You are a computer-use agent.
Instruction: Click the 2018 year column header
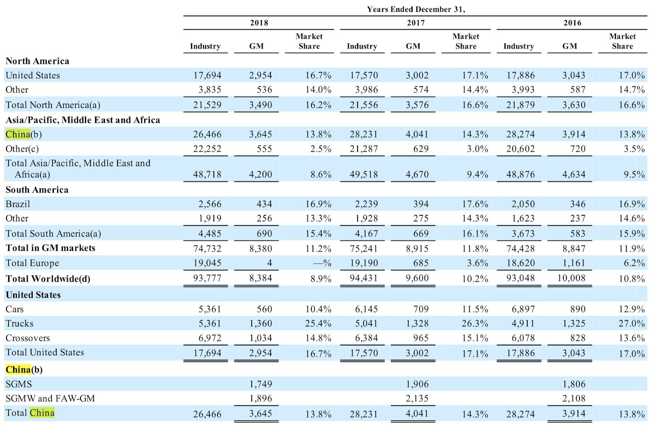(x=259, y=23)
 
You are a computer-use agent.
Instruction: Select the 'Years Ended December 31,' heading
(x=416, y=9)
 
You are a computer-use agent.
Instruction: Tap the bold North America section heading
(x=37, y=61)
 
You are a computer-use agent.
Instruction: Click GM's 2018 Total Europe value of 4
(x=270, y=263)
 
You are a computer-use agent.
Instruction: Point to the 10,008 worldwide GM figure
(x=571, y=278)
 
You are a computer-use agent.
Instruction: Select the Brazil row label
(x=18, y=204)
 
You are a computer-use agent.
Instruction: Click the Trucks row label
(x=19, y=323)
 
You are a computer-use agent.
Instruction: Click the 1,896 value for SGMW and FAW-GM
(x=260, y=398)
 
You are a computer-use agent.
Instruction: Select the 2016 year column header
(x=572, y=23)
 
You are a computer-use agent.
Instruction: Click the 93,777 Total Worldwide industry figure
(x=207, y=278)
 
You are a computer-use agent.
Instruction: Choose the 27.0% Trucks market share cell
(x=631, y=323)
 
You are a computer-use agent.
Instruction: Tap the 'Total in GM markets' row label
(x=51, y=248)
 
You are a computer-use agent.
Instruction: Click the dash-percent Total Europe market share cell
(x=322, y=263)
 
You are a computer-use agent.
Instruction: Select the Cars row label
(x=14, y=309)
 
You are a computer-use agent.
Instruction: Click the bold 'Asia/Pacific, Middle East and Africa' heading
(x=83, y=120)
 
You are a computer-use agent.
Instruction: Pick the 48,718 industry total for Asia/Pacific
(x=207, y=175)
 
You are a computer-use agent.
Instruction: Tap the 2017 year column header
(x=416, y=23)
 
